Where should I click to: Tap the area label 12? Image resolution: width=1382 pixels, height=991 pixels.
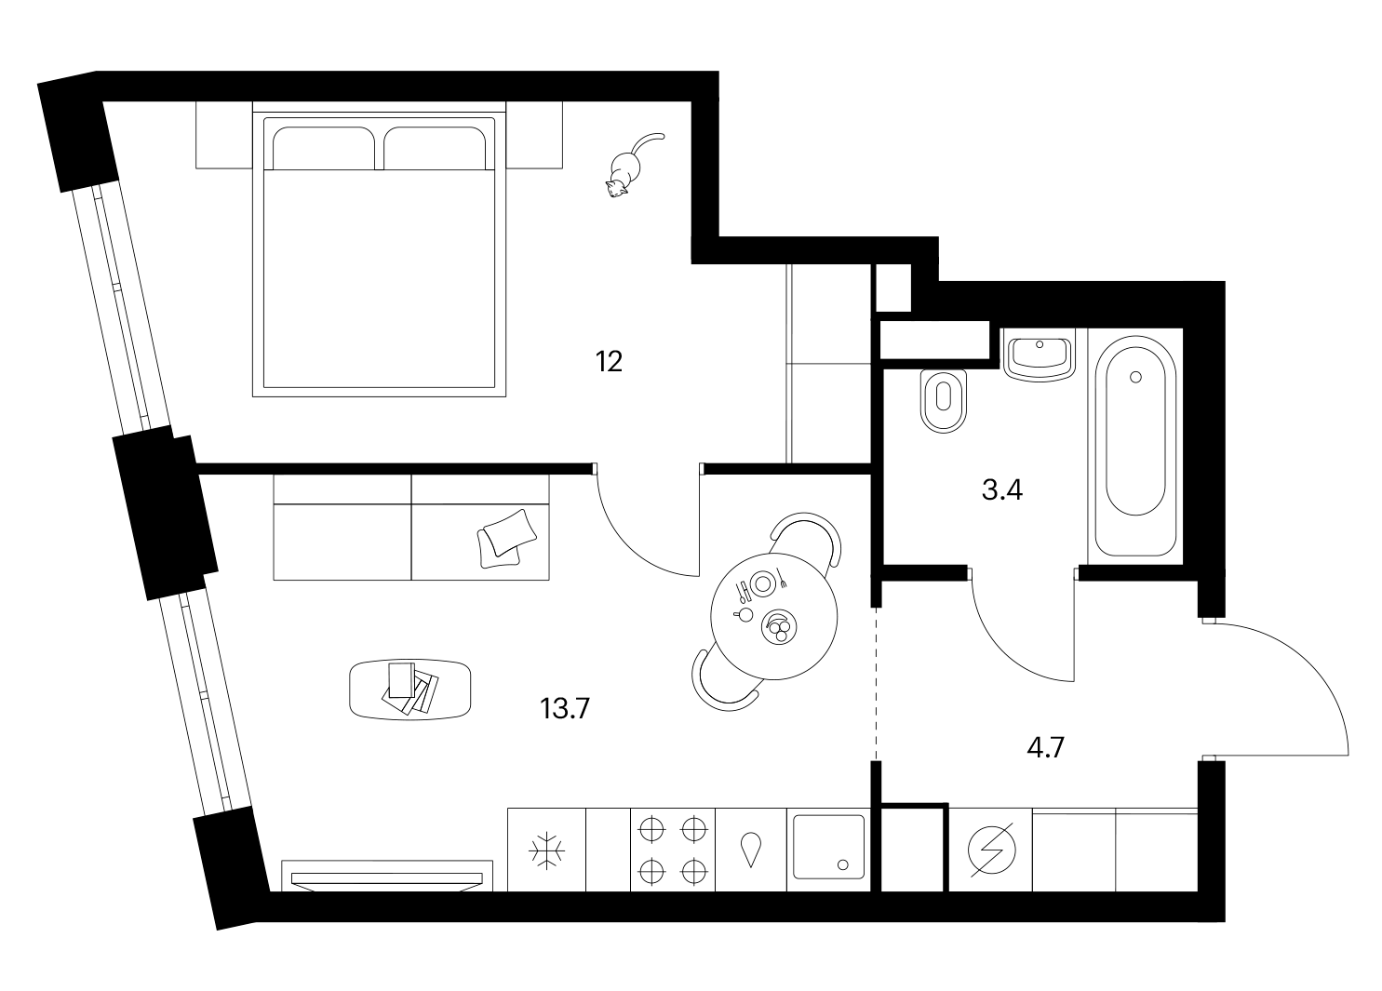tap(609, 362)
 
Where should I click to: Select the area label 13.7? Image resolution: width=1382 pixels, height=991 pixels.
tap(565, 708)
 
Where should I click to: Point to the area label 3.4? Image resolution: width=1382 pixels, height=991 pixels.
tap(1002, 490)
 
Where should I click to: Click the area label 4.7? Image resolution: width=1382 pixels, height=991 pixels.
tap(1046, 748)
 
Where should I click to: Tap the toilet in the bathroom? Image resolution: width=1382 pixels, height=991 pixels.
tap(944, 401)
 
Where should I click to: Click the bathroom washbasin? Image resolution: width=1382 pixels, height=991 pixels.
tap(1040, 355)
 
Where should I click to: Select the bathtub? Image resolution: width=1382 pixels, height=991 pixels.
tap(1135, 446)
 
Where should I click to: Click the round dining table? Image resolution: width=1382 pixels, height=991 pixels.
tap(773, 616)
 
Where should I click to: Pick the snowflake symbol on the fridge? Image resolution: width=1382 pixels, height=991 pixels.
tap(546, 851)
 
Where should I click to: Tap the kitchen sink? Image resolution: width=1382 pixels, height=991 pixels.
tap(829, 847)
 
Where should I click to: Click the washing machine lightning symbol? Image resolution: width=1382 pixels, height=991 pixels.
tap(991, 850)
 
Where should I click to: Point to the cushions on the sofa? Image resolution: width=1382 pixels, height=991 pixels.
tap(507, 538)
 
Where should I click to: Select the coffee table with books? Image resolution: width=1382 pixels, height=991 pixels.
tap(409, 689)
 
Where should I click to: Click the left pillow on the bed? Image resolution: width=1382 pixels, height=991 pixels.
tap(323, 148)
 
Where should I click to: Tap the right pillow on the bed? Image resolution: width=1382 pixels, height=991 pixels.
tap(435, 148)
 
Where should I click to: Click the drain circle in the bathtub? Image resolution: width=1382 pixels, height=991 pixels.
tap(1135, 377)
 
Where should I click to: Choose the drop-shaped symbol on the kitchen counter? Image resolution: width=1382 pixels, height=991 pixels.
tap(750, 849)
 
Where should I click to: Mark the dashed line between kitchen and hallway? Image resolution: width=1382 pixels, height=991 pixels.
tap(876, 684)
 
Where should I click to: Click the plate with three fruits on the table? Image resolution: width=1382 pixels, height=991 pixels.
tap(779, 627)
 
